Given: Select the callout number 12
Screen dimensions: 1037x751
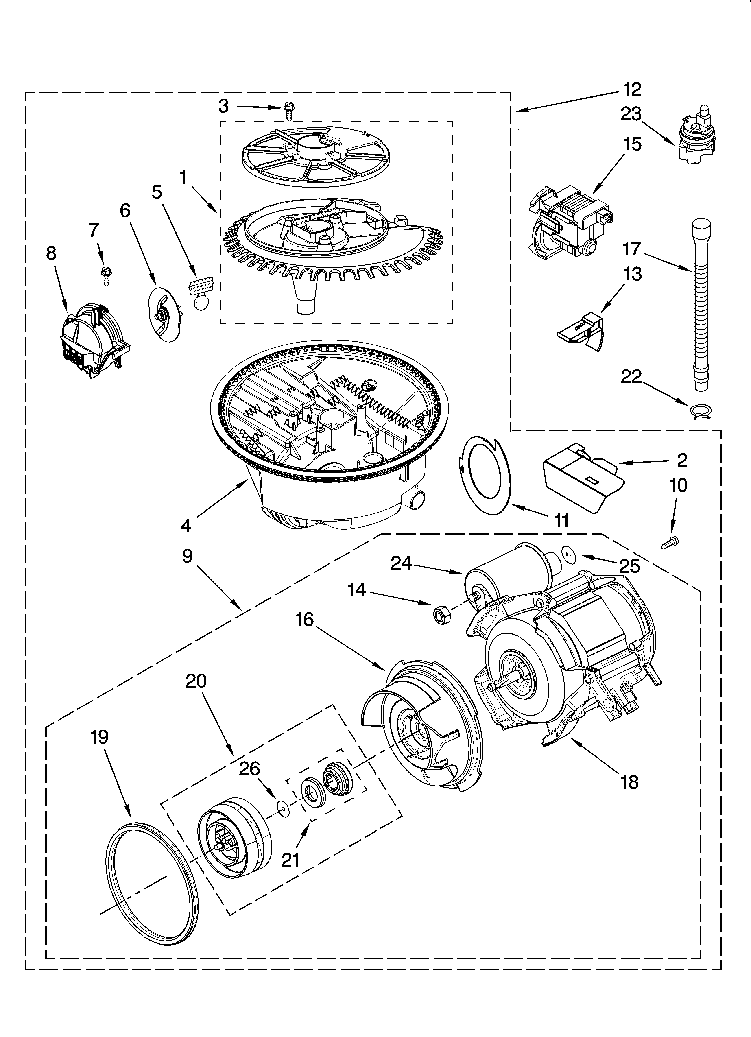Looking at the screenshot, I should (x=632, y=90).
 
